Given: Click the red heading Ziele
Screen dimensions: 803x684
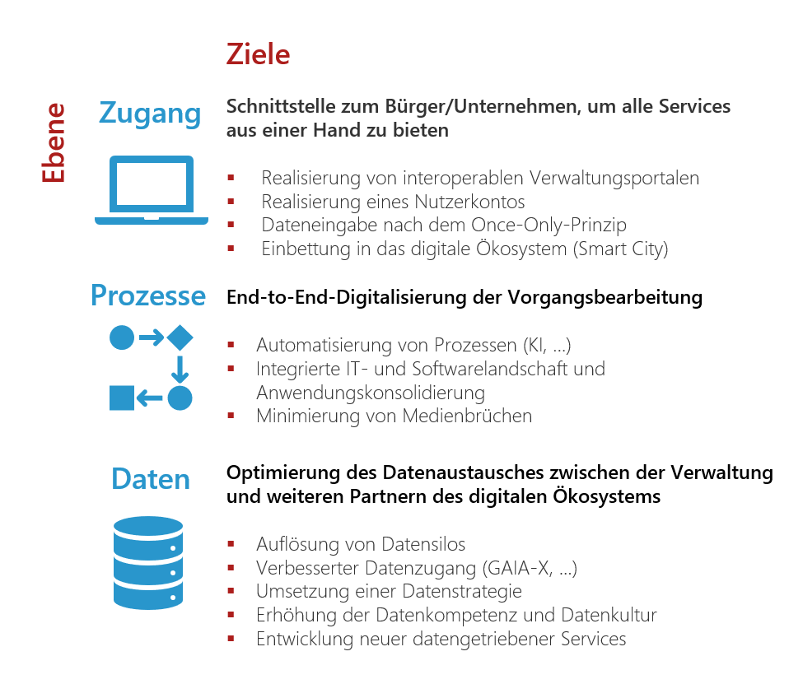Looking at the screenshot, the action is click(258, 54).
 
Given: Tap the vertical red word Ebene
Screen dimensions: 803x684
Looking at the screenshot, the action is click(54, 143).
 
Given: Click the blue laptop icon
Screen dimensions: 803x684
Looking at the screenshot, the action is click(152, 190).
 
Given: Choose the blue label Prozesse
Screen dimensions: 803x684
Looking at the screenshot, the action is click(148, 295).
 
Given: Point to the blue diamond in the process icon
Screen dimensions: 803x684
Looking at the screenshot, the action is click(180, 337).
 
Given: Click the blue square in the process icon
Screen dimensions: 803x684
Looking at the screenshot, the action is click(122, 398).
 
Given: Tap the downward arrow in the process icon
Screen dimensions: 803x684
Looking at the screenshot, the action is click(180, 369).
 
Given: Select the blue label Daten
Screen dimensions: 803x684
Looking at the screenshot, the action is click(151, 479).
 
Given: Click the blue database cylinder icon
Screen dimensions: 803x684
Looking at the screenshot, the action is click(148, 563).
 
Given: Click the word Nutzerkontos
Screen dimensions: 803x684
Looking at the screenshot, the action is click(469, 202).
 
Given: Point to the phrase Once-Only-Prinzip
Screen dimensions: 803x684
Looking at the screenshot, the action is click(549, 225).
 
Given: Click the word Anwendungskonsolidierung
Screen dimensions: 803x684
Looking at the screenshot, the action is click(371, 393).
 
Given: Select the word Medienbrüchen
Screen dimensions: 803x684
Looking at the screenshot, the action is click(467, 416).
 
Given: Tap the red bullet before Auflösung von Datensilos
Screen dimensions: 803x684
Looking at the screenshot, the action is click(231, 544).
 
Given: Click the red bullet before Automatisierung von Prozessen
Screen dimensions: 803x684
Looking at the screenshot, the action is click(231, 346).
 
